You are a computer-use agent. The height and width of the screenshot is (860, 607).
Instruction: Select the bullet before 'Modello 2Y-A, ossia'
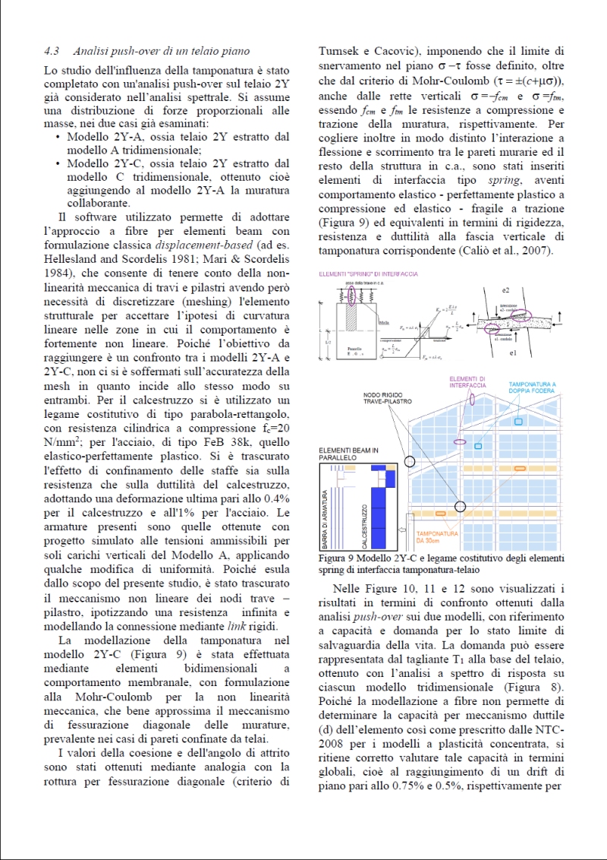(59, 137)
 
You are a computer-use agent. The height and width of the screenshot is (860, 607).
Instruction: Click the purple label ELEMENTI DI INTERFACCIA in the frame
(468, 381)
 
